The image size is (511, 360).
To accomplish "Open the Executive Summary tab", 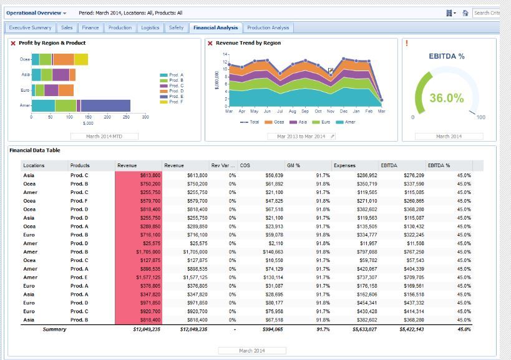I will tap(30, 27).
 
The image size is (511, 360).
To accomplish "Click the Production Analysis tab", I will tap(268, 27).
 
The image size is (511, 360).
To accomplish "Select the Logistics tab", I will tap(150, 27).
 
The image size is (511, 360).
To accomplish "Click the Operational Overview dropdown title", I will tap(36, 12).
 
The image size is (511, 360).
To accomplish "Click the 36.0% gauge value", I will tap(447, 98).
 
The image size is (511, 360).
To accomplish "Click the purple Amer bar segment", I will tap(105, 105).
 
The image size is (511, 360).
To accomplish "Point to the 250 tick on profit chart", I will tap(126, 117).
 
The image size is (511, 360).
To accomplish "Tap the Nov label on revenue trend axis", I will tap(331, 110).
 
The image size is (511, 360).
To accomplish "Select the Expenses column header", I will tap(344, 165).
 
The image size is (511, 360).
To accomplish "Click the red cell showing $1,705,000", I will tap(138, 252).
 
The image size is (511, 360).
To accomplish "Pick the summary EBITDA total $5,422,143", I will tap(410, 329).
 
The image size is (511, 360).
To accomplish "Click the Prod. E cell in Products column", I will tap(79, 277).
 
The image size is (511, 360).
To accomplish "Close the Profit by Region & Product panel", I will tap(13, 43).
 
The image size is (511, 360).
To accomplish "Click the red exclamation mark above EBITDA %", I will tap(407, 43).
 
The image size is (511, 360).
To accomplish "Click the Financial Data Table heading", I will tap(35, 150).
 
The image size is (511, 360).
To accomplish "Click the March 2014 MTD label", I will tap(104, 136).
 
